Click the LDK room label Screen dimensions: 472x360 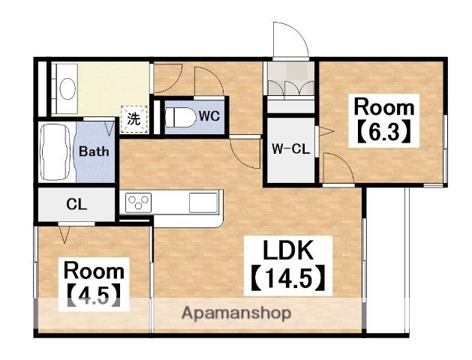(x=288, y=250)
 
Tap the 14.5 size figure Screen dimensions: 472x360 (x=287, y=278)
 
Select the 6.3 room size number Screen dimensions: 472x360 (x=383, y=131)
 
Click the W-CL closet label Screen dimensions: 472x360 (x=291, y=148)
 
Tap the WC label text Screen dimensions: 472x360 (x=209, y=116)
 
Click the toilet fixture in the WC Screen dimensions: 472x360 (x=180, y=117)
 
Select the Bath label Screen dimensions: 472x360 (x=94, y=151)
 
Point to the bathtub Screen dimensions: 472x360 (x=56, y=152)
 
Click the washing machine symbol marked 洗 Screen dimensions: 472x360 (x=134, y=119)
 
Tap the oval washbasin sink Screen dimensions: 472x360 (x=68, y=88)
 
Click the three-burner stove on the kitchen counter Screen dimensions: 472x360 (x=139, y=202)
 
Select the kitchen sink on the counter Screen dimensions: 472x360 (x=203, y=202)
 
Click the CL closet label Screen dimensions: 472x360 (x=77, y=205)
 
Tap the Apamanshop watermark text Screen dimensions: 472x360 (x=236, y=313)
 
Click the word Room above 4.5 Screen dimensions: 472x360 (x=94, y=271)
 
